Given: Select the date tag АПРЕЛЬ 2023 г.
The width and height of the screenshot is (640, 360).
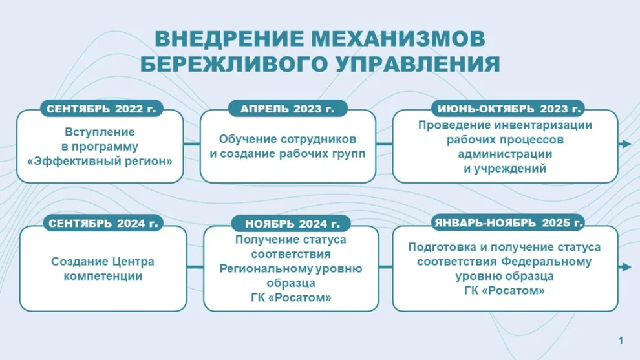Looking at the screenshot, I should pos(288,109).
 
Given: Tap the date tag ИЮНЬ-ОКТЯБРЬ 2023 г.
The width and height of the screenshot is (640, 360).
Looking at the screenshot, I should pos(507,109).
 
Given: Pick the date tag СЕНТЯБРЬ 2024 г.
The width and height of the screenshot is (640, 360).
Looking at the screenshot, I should pos(101,224).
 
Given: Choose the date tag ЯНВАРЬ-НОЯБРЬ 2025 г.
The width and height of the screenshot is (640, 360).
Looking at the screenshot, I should pos(508,224).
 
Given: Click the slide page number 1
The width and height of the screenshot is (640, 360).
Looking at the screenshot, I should pos(621,340).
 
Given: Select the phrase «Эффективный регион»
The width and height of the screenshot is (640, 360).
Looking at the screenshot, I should pos(100,161).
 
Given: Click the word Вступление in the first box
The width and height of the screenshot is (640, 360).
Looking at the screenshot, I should pos(100,132).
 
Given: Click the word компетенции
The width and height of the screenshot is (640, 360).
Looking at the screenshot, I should pos(103,276).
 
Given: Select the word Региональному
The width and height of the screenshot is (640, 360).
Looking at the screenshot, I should pos(291,268).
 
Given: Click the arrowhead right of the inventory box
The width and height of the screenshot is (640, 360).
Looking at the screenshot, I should pos(625,143).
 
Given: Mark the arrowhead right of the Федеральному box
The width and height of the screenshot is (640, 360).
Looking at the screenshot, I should pos(625,267).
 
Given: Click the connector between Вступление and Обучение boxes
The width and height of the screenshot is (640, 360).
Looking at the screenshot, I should pos(191,143).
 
